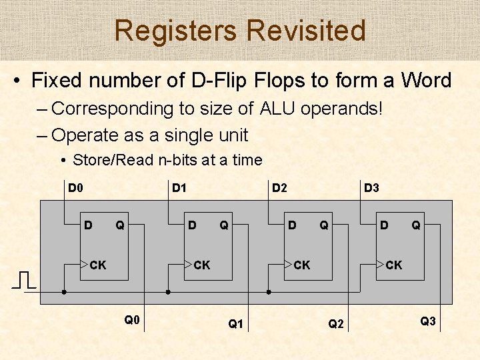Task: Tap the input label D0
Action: tap(76, 188)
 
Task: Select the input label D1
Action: tap(179, 188)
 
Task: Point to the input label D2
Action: tap(279, 188)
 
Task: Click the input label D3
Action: tap(371, 188)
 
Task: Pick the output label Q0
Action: tap(132, 320)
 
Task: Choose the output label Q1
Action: tap(236, 324)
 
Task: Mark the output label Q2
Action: tap(336, 324)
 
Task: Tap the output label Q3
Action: tap(428, 321)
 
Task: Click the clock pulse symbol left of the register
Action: tap(24, 280)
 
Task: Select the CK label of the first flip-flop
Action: tap(98, 265)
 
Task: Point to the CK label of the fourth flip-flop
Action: tap(394, 265)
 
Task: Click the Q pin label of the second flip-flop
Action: tap(224, 225)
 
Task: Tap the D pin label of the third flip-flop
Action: tap(292, 225)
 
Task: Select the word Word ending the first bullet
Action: tap(426, 81)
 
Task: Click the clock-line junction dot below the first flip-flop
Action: tap(64, 292)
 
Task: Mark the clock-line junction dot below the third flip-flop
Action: tap(268, 292)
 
